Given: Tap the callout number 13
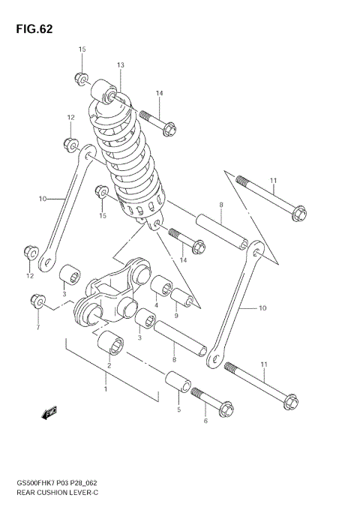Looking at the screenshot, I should click(x=120, y=66).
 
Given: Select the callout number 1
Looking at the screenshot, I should click(x=106, y=388).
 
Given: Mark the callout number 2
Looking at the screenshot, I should click(x=110, y=365).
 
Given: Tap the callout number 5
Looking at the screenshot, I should click(x=178, y=409).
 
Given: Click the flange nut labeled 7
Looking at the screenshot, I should click(x=34, y=301).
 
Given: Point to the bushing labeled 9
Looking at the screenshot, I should click(x=185, y=298).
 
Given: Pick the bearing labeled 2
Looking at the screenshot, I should click(x=115, y=344).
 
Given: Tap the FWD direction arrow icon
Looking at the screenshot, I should click(x=50, y=412).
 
